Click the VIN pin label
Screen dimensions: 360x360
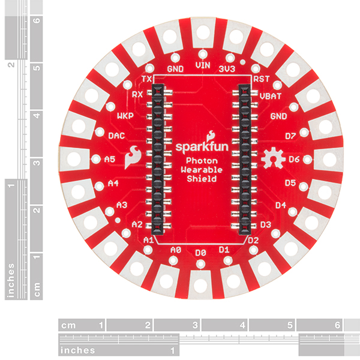click(203, 65)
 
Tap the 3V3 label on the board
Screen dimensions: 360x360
click(227, 69)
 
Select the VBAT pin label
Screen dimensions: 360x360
click(271, 96)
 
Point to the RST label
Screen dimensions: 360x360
click(261, 79)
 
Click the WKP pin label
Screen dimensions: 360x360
click(125, 116)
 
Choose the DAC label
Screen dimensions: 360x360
click(116, 136)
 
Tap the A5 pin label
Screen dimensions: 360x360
click(110, 159)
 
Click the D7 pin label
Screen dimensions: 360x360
click(290, 136)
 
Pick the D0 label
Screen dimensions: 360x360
click(200, 253)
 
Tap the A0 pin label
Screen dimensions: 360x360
click(176, 250)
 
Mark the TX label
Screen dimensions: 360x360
click(147, 79)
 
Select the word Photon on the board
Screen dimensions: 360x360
click(202, 161)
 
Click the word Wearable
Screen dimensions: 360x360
click(202, 170)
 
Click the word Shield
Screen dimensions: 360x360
click(202, 179)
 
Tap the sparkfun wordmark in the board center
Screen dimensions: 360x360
click(202, 147)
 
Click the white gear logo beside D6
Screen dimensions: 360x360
click(273, 158)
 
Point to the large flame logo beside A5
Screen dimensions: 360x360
click(133, 157)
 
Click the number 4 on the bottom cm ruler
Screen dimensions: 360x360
click(242, 325)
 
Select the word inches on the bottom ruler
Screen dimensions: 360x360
click(77, 350)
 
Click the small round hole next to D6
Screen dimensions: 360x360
click(308, 160)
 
